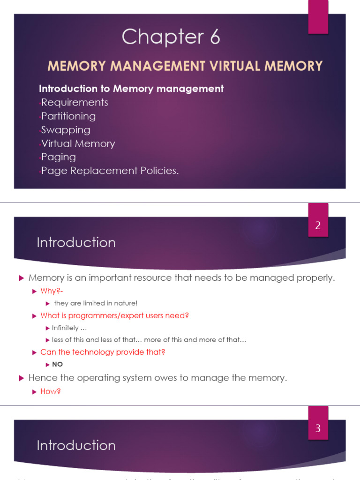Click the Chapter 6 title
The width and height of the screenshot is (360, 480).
click(171, 37)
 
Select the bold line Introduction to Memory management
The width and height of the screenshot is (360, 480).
click(131, 89)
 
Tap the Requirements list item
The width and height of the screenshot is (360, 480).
click(75, 102)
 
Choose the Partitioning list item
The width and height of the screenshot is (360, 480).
click(68, 116)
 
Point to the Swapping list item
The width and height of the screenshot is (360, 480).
click(66, 130)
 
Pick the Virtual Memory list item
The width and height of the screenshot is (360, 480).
click(78, 143)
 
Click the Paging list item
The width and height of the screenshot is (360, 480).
click(59, 157)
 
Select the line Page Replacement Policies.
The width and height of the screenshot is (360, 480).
click(110, 171)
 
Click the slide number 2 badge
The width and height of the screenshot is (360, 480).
click(318, 225)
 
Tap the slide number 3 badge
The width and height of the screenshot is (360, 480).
click(318, 428)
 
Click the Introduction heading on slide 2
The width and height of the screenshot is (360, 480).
click(76, 242)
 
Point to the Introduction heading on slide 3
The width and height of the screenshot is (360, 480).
click(76, 445)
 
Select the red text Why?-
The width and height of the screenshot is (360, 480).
click(52, 291)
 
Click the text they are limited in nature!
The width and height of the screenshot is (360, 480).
click(96, 303)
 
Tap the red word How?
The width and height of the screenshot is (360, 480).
click(51, 391)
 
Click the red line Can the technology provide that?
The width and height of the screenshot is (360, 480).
click(103, 352)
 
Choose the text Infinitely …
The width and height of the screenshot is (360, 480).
click(69, 328)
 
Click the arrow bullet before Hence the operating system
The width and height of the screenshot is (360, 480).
click(21, 377)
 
